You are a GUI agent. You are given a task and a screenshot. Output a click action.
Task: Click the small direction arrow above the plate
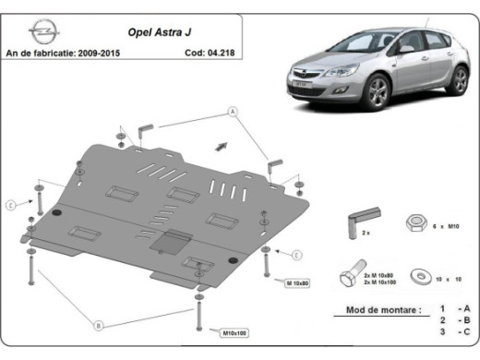tap(221, 145)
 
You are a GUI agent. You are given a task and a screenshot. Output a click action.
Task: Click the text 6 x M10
tap(449, 226)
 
